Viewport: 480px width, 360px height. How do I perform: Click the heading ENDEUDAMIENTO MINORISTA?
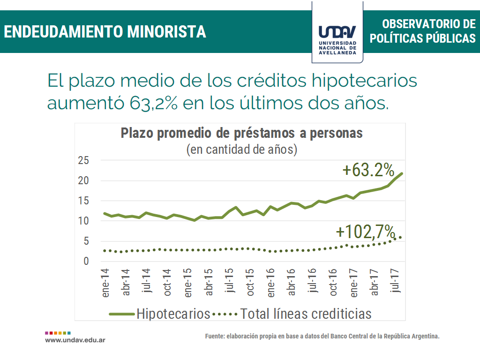pyautogui.click(x=105, y=31)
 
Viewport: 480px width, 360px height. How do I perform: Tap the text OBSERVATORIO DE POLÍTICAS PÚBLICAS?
pyautogui.click(x=422, y=31)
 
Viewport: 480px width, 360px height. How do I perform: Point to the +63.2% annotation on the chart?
pyautogui.click(x=368, y=170)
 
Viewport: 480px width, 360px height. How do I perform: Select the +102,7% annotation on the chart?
pyautogui.click(x=366, y=232)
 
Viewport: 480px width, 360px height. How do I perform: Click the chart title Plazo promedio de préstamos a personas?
pyautogui.click(x=242, y=133)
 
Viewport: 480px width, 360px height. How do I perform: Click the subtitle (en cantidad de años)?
pyautogui.click(x=242, y=150)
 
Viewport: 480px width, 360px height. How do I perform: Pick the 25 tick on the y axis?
pyautogui.click(x=83, y=161)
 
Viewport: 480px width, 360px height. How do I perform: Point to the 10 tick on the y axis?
pyautogui.click(x=83, y=221)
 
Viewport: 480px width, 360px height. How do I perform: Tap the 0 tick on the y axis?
pyautogui.click(x=86, y=262)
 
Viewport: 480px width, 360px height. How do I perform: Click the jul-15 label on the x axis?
pyautogui.click(x=230, y=283)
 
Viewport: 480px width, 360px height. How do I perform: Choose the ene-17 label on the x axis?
pyautogui.click(x=355, y=283)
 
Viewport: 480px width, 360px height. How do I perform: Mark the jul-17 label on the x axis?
pyautogui.click(x=397, y=281)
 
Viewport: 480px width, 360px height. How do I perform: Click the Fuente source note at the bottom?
pyautogui.click(x=322, y=337)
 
